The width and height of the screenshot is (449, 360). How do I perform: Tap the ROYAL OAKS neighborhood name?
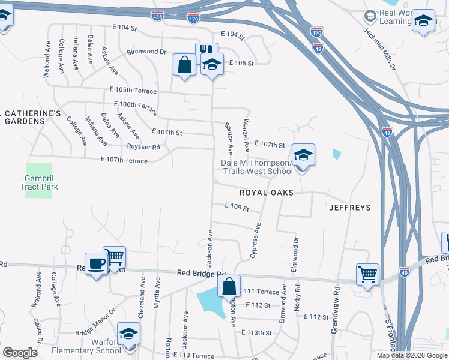coord(266,193)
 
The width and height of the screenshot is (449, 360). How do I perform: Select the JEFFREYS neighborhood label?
coord(349,208)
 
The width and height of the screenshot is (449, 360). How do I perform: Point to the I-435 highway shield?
coord(157,17)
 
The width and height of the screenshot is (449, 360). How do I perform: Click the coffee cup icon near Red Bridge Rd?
coord(96,263)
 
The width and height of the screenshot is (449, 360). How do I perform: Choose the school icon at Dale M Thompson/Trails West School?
coord(303,155)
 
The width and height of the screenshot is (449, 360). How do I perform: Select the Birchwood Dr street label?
coord(146,52)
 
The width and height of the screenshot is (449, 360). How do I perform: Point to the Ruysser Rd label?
coord(143,147)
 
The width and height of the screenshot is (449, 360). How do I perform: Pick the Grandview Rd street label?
coord(336,310)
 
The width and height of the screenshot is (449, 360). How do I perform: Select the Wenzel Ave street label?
coord(246,134)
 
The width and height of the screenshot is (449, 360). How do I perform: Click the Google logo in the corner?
coord(20,352)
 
